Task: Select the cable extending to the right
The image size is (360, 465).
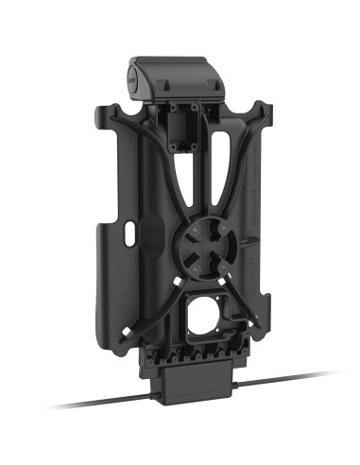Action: (x=283, y=380)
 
